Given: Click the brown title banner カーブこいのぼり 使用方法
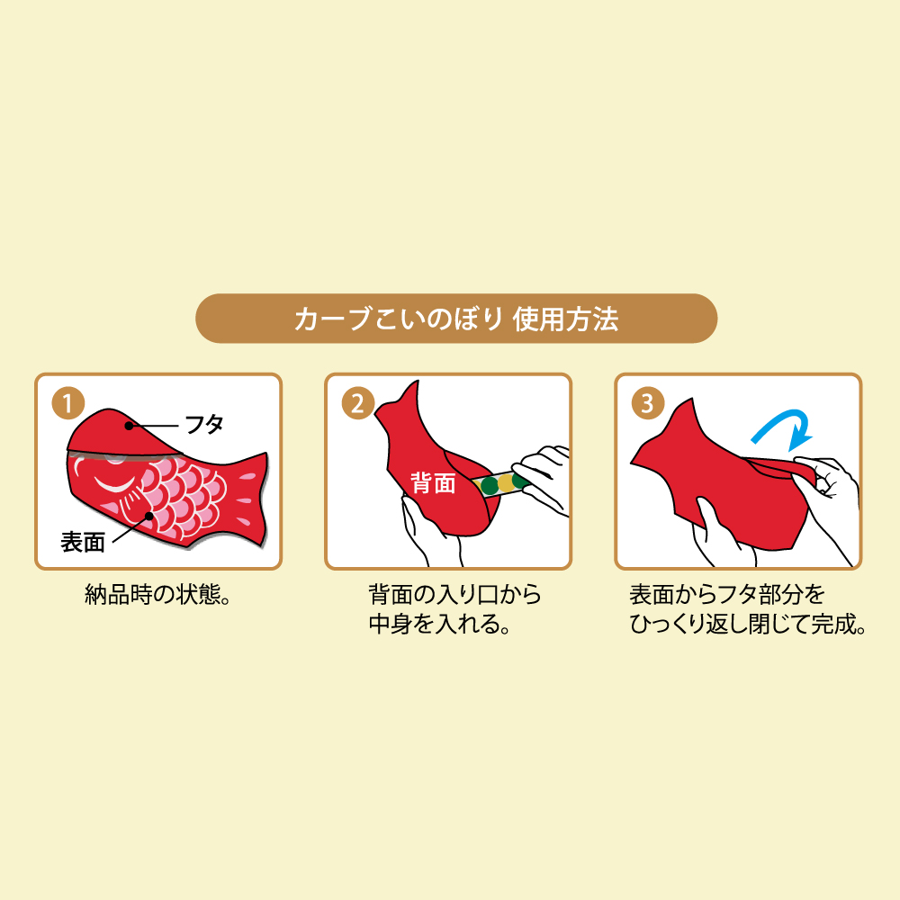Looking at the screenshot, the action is point(456,319).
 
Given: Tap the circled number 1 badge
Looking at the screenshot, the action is point(67,403).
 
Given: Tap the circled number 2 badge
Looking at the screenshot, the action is point(357,403).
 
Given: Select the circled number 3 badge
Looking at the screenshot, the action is point(647,403).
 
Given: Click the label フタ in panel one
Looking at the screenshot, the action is point(204,425).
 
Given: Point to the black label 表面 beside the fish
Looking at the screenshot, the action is point(83,542).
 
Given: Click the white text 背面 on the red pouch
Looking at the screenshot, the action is point(434,483).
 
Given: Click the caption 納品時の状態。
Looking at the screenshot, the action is point(157,595).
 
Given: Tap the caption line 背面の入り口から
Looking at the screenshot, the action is point(454,595).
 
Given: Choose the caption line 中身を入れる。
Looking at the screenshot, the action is point(440,624).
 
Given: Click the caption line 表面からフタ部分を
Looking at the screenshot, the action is point(726,595).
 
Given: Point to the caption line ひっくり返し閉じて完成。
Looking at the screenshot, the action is point(749,624).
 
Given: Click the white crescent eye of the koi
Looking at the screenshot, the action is point(116,483).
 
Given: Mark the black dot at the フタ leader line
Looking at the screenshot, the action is point(129,426).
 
